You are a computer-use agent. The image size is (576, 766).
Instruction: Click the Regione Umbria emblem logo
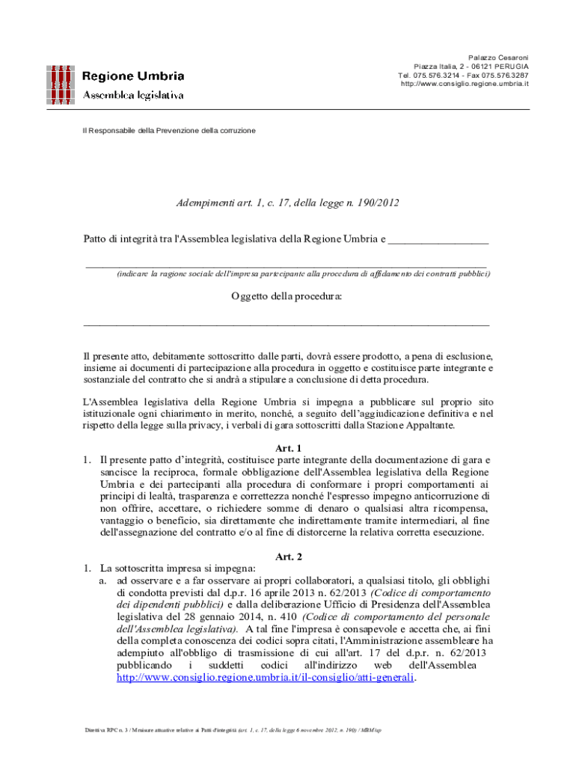61,84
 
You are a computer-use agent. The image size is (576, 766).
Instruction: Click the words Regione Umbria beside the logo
132,76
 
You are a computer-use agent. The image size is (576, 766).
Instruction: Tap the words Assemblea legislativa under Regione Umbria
132,95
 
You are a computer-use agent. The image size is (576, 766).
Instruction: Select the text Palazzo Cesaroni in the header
498,58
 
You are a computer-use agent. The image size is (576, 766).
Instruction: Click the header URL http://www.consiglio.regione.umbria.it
465,84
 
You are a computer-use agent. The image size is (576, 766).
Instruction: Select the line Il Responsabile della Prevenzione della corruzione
168,130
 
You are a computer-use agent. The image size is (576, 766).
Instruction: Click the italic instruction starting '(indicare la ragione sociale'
304,275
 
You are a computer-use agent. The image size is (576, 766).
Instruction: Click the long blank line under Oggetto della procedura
287,324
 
